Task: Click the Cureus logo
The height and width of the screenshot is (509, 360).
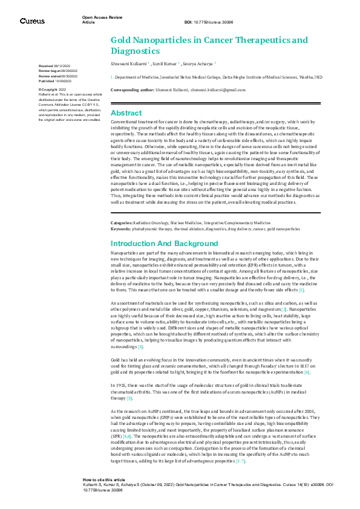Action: click(x=32, y=21)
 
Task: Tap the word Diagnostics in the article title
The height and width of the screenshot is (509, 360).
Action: click(x=135, y=51)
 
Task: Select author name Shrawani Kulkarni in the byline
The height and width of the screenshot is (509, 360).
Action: click(x=128, y=63)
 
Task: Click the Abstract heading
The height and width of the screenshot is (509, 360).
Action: click(x=126, y=113)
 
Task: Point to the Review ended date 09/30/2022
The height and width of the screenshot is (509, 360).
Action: click(x=64, y=75)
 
